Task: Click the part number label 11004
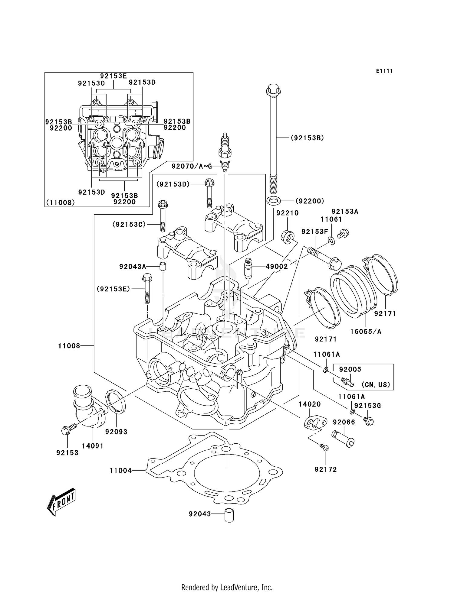coord(120,470)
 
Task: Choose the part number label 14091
coord(93,446)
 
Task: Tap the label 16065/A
coord(366,332)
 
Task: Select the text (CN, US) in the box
coord(376,385)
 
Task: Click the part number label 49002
coord(277,266)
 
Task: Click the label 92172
coord(326,469)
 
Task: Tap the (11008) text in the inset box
coord(61,202)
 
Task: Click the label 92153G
coord(367,406)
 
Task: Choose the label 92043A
coord(133,267)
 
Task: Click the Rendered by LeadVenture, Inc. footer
coord(227,587)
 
